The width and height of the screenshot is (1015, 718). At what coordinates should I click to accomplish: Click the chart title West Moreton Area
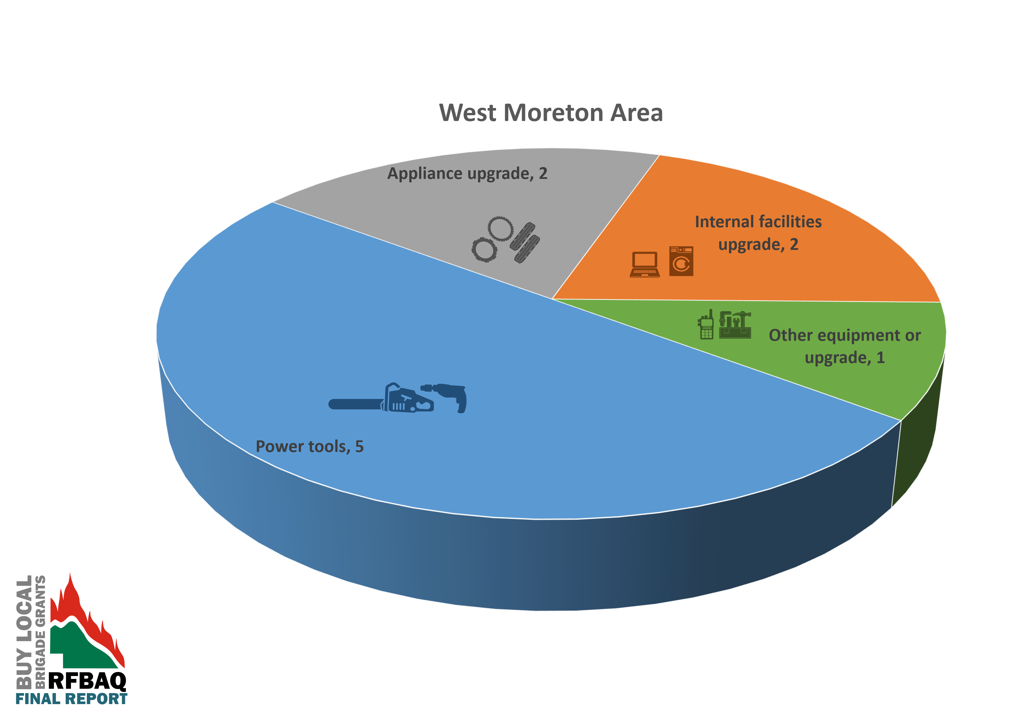(x=551, y=113)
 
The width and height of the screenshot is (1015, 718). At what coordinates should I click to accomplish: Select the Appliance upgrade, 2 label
(x=467, y=173)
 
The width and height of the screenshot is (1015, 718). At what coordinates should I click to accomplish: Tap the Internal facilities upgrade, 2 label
(x=758, y=232)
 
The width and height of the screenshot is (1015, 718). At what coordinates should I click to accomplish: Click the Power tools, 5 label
(x=309, y=446)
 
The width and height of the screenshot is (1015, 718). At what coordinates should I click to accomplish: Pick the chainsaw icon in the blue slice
(x=381, y=398)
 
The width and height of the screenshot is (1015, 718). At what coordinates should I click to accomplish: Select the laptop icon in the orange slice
(x=645, y=264)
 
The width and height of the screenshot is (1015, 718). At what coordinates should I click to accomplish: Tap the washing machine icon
(x=681, y=261)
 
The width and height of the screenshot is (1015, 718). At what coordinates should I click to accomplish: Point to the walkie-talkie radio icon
(x=706, y=325)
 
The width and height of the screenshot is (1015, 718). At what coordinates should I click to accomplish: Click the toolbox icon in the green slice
(x=735, y=325)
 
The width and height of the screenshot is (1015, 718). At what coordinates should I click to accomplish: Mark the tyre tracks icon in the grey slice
(x=525, y=243)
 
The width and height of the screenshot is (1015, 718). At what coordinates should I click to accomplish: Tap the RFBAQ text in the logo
(x=87, y=681)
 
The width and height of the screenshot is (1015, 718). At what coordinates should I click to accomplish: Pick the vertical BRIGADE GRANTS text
(x=40, y=632)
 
